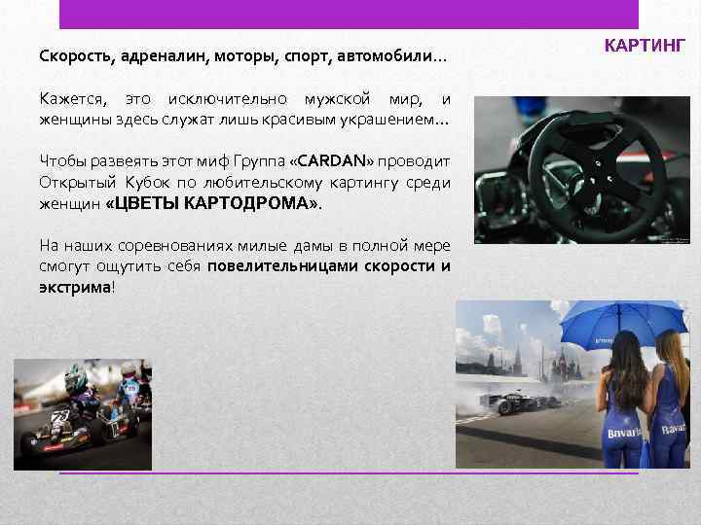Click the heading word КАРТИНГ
[x=646, y=45]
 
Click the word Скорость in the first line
[x=74, y=56]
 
